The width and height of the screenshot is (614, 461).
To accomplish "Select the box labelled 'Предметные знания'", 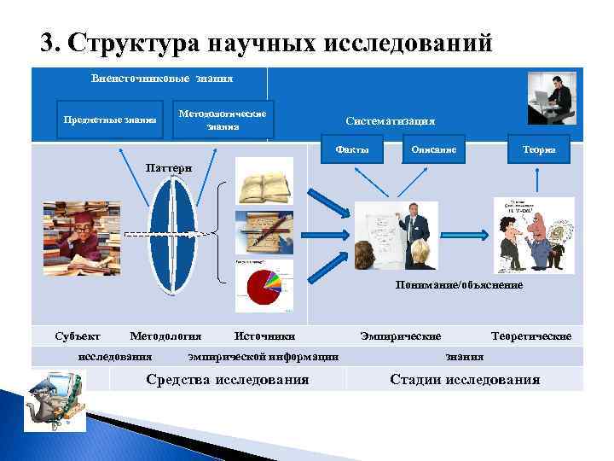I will [109, 120].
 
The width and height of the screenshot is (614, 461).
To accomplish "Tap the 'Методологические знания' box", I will [223, 120].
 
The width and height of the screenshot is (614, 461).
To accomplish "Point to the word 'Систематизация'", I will [391, 121].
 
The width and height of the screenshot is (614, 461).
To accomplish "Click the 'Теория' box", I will [539, 150].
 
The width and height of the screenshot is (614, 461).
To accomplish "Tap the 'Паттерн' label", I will [169, 167].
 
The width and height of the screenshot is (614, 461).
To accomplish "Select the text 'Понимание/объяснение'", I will [459, 284].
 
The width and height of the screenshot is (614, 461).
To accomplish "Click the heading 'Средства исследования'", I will [228, 380].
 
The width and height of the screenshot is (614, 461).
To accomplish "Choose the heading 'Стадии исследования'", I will [465, 380].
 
